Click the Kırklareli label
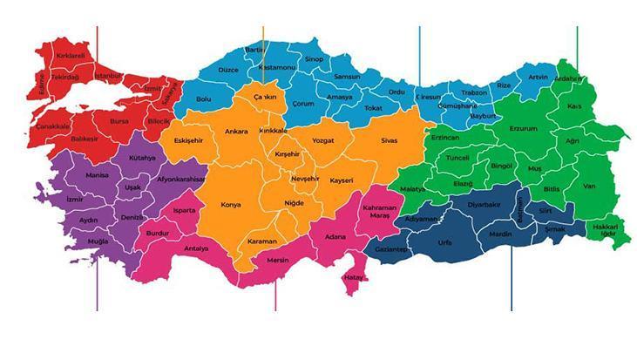(x=71, y=56)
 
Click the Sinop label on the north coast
(x=314, y=58)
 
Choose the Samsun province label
(x=335, y=77)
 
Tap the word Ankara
(x=236, y=132)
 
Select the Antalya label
(x=197, y=248)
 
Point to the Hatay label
(x=354, y=278)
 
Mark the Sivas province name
(x=389, y=139)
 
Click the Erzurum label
(x=525, y=128)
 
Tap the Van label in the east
(x=589, y=186)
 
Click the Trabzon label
(x=474, y=92)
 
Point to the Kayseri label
(x=342, y=180)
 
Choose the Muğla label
(x=98, y=240)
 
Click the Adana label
(x=335, y=236)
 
